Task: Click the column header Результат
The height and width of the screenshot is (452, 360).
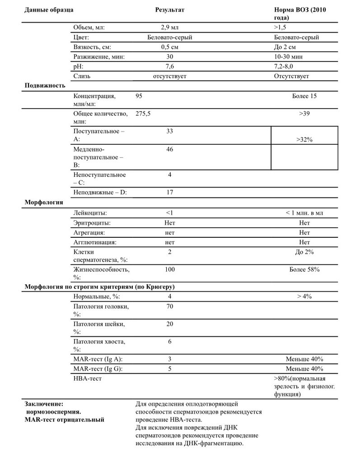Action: click(x=170, y=9)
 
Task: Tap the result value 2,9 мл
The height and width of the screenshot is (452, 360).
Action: click(x=170, y=28)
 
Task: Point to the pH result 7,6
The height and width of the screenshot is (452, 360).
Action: click(x=170, y=66)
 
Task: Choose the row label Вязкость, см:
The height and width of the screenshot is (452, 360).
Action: click(x=92, y=47)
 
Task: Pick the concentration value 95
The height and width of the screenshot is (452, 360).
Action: click(x=140, y=96)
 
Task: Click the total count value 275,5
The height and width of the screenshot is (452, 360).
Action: click(x=143, y=113)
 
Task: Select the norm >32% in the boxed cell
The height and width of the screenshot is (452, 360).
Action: click(x=305, y=140)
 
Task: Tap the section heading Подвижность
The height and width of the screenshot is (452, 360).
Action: click(x=44, y=85)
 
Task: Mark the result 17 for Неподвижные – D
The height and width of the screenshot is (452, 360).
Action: click(x=170, y=192)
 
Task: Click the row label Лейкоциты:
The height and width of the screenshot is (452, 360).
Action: click(x=90, y=212)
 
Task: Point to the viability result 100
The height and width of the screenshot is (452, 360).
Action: click(x=170, y=269)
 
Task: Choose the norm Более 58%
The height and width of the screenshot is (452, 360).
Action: click(x=304, y=269)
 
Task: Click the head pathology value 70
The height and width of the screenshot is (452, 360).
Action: click(x=170, y=306)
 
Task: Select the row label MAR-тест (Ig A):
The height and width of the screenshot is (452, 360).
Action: click(x=98, y=359)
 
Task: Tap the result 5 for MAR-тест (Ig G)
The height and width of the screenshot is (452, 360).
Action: click(x=170, y=369)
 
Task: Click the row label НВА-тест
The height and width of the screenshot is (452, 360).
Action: click(x=87, y=378)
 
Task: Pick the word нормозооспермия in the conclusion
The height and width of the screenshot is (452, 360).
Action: click(x=53, y=412)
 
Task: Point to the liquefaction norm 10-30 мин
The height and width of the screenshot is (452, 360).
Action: click(x=289, y=57)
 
